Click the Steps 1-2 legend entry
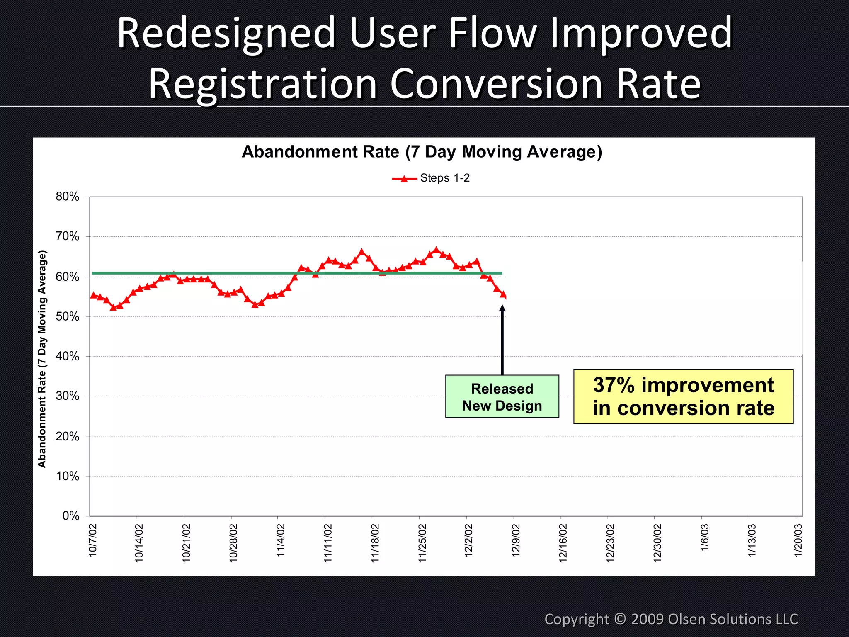(x=431, y=178)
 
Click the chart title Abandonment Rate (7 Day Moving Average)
(x=422, y=152)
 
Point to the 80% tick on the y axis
(x=68, y=197)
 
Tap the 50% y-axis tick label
(x=68, y=317)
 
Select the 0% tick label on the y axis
(x=71, y=516)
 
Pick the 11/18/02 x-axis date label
(x=375, y=543)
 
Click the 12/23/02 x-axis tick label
(x=610, y=543)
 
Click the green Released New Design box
(x=502, y=396)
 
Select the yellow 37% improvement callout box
(x=683, y=396)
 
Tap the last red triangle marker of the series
(x=503, y=294)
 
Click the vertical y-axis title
(x=42, y=359)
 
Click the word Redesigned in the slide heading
(x=226, y=33)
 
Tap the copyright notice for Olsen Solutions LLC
(x=671, y=619)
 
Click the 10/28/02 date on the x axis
(x=233, y=543)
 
